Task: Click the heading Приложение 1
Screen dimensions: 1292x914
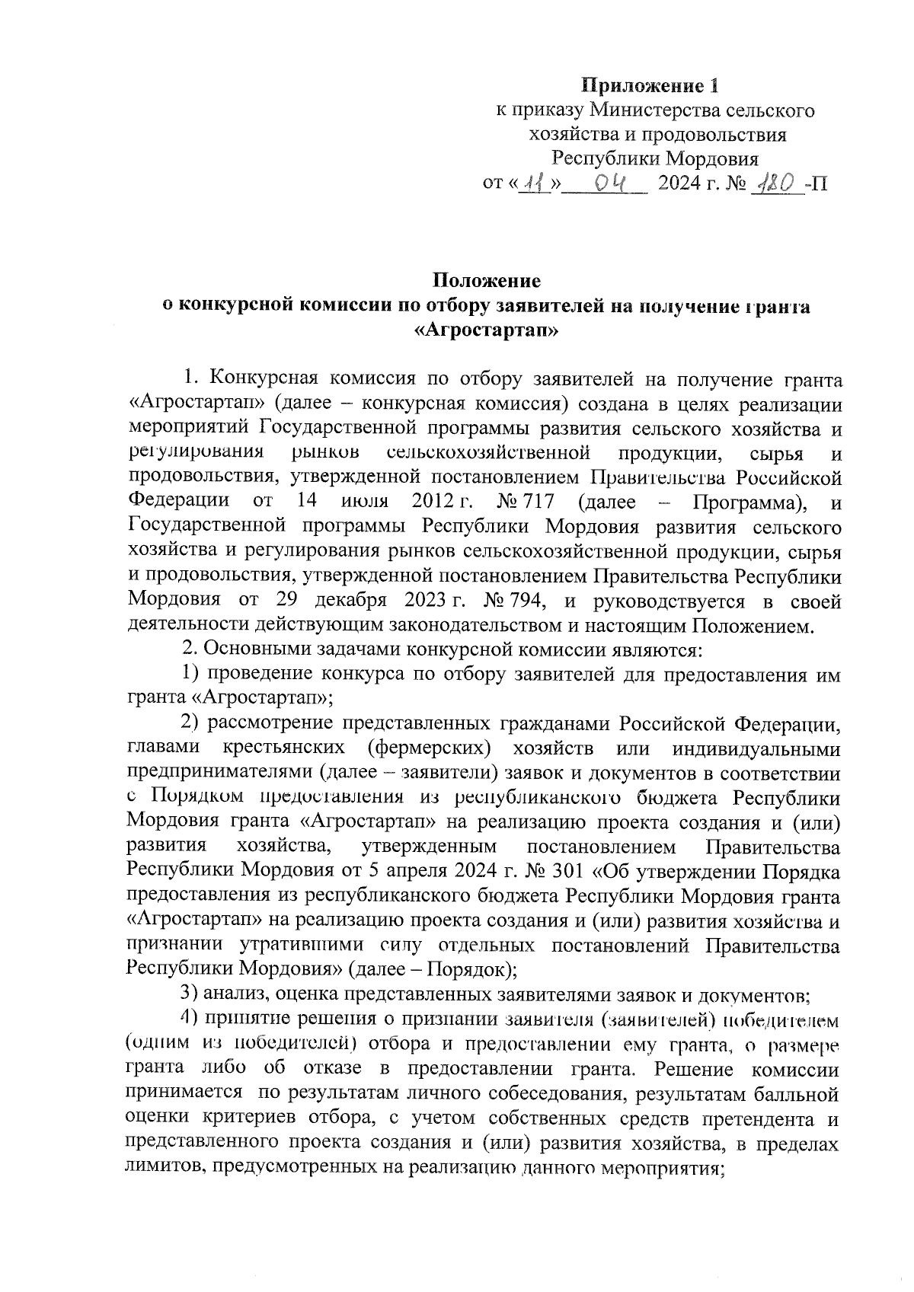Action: point(650,85)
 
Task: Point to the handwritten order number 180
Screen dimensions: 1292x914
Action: point(775,183)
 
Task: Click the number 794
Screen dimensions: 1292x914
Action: point(524,601)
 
